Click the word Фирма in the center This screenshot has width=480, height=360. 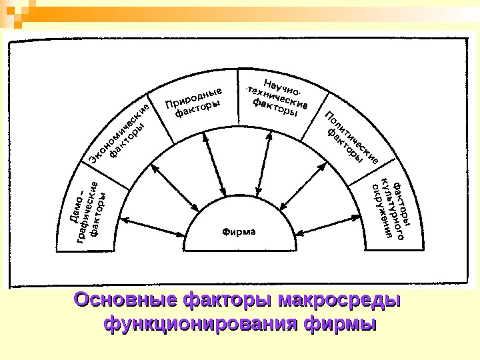point(239,232)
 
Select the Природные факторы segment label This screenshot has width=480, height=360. point(194,103)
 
